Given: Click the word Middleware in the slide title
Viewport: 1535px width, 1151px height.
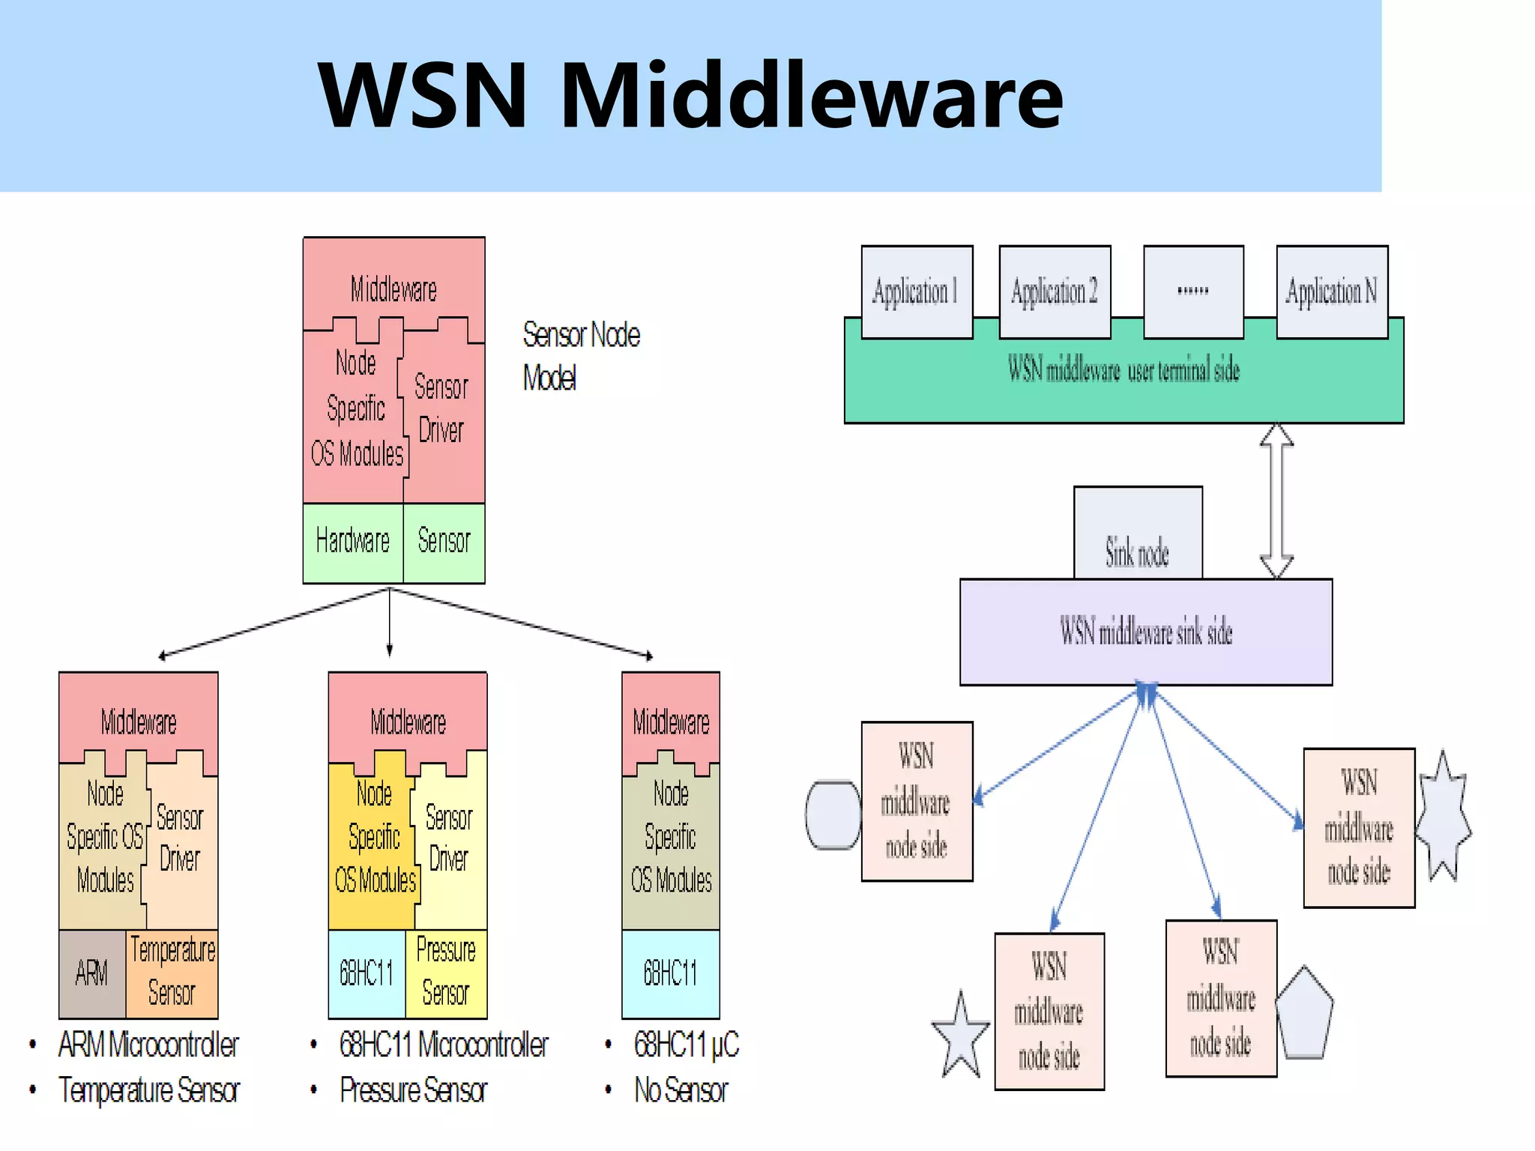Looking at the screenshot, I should point(811,96).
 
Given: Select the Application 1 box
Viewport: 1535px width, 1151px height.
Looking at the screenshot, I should point(917,291).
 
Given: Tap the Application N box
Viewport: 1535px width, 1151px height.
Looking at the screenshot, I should point(1332,291).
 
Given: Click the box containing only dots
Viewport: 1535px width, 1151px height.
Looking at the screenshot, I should point(1193,291).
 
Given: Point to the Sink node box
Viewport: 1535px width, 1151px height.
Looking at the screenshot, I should point(1138,534).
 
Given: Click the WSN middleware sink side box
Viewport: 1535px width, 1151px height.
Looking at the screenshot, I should point(1146,632).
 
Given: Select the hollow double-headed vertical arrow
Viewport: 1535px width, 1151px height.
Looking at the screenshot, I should point(1276,501).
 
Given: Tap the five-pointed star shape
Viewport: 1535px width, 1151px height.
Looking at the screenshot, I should point(961,1037).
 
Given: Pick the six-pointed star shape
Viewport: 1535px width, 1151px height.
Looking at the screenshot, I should point(1444,817).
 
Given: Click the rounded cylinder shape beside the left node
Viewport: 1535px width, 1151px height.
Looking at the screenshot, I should point(833,815).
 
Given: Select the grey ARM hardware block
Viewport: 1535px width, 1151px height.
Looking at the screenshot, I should point(92,973).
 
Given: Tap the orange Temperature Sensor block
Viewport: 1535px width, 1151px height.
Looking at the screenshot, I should point(172,973).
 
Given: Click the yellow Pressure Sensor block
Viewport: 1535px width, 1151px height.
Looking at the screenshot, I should point(446,973).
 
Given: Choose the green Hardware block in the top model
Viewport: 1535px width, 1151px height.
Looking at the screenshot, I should point(353,542).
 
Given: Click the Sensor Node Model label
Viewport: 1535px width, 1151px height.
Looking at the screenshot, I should point(581,356).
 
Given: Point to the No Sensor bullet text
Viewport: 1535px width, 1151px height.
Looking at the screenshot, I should point(681,1090).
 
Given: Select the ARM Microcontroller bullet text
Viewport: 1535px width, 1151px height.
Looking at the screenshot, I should point(148,1045).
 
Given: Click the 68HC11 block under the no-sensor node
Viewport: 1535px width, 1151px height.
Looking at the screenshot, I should point(671,973).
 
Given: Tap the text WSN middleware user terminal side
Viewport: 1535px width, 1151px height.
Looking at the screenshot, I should point(1123,370).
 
